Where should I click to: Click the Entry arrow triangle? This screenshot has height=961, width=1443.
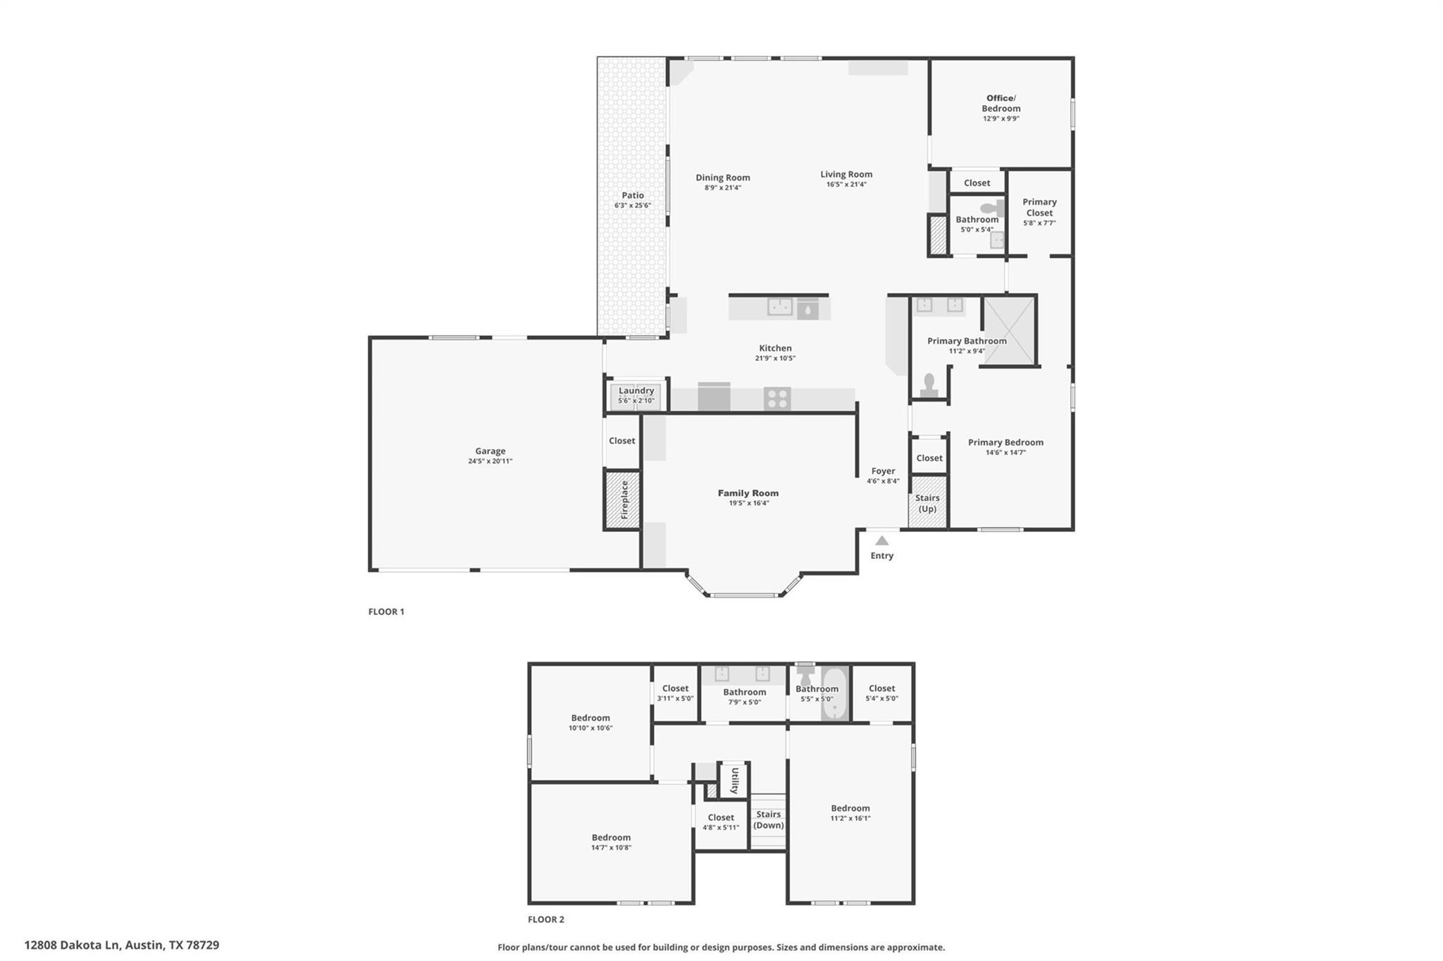[881, 541]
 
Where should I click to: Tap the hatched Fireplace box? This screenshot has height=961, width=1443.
[623, 500]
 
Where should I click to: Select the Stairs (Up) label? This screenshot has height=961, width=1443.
[927, 503]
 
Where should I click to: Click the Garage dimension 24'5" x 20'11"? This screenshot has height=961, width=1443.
[490, 461]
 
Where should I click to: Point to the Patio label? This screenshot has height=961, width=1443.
[633, 195]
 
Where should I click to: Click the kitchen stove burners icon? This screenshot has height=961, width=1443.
[777, 399]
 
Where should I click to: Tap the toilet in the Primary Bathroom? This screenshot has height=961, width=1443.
[929, 385]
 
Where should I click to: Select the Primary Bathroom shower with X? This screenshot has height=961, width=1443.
[1009, 330]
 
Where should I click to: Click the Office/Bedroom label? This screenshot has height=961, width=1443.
[1001, 103]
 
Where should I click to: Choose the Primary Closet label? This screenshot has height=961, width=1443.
[1039, 207]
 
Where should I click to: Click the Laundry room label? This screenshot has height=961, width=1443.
[636, 390]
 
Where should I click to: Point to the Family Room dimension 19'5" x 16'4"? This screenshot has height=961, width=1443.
[748, 503]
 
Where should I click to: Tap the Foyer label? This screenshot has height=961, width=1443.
[883, 471]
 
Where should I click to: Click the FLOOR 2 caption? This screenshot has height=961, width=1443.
[546, 919]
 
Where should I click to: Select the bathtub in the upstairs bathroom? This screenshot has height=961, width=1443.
[833, 695]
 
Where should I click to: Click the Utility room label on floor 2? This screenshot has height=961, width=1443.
[734, 780]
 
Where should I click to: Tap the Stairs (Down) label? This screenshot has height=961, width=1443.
[768, 819]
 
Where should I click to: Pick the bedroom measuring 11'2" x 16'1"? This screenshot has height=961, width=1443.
[850, 812]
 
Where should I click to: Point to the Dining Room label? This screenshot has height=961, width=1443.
[723, 178]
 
